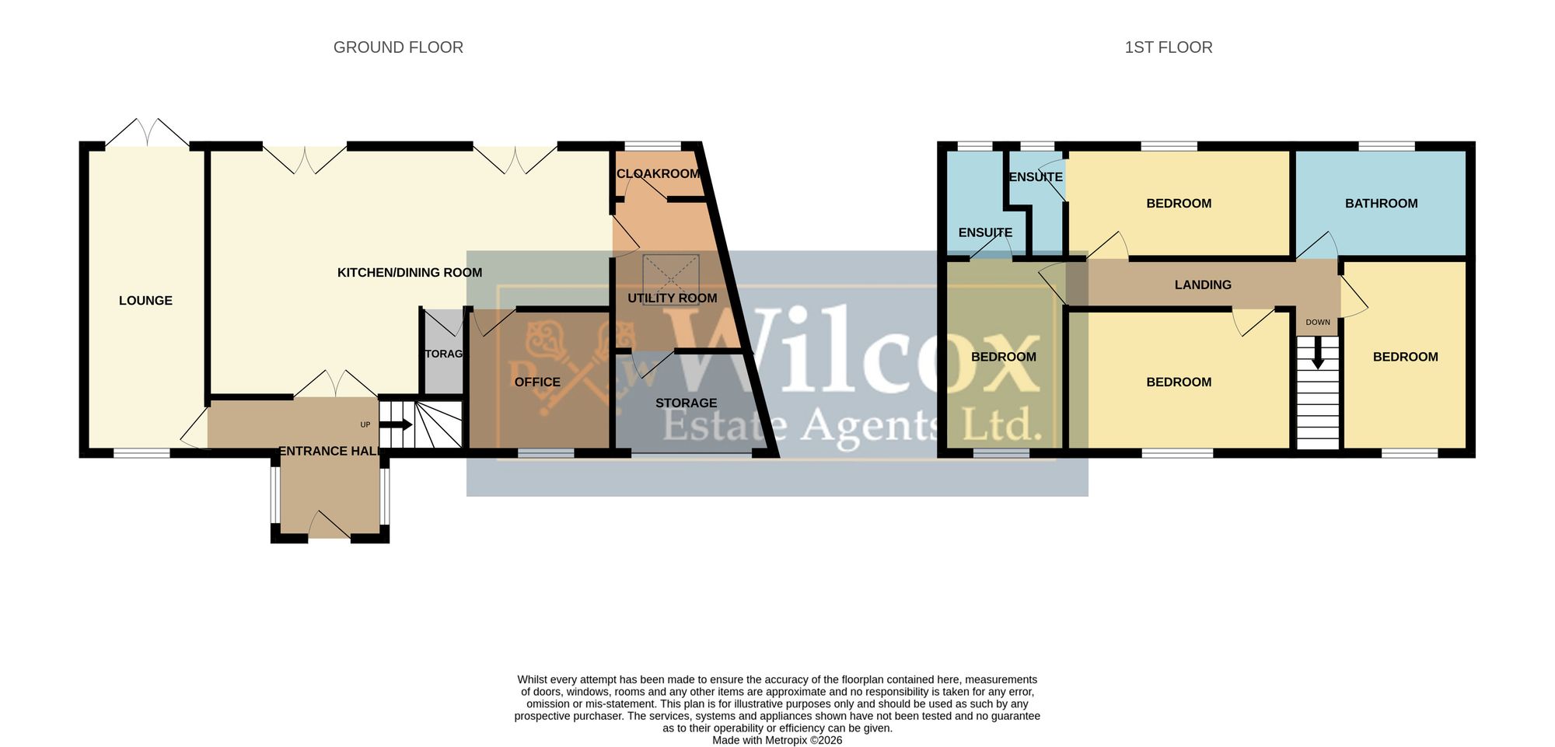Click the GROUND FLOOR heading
pos(398,47)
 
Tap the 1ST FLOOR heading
pos(1169,47)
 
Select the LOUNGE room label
pos(145,301)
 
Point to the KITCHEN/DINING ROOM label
pos(410,273)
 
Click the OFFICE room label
pos(537,382)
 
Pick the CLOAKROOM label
pos(659,173)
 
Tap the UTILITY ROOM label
pos(673,298)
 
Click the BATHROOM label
pos(1382,204)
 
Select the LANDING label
pos(1203,285)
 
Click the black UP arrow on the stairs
pos(396,424)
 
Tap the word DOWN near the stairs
pos(1318,323)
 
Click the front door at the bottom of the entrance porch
pos(330,525)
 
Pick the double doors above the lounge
pos(148,133)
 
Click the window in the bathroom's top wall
pos(1386,146)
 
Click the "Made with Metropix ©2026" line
pos(777,741)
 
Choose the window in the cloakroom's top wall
pos(653,146)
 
